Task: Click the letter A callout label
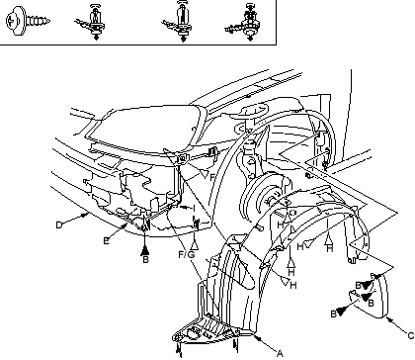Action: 280,353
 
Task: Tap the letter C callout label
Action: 410,335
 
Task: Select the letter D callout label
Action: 59,225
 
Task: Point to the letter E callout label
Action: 106,241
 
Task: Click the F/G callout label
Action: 187,254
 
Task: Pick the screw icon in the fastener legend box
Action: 28,21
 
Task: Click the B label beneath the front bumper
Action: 145,260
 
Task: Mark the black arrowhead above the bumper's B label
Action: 145,251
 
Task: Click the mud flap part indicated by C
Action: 373,297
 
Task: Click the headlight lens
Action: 145,130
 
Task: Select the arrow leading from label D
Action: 76,220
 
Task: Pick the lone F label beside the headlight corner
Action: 212,177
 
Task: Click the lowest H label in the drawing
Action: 293,286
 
